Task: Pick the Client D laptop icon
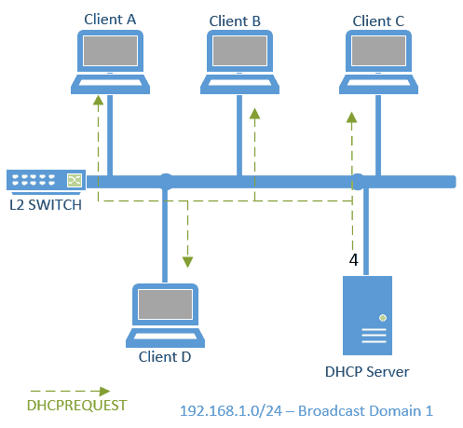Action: tap(165, 314)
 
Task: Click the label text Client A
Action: tap(109, 18)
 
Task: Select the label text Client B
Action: tap(235, 20)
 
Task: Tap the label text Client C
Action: tap(379, 20)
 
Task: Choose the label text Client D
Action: tap(165, 355)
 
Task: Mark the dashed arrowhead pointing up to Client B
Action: tap(253, 113)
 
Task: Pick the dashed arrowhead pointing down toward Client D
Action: tap(187, 261)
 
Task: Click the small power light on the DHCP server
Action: tap(383, 318)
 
